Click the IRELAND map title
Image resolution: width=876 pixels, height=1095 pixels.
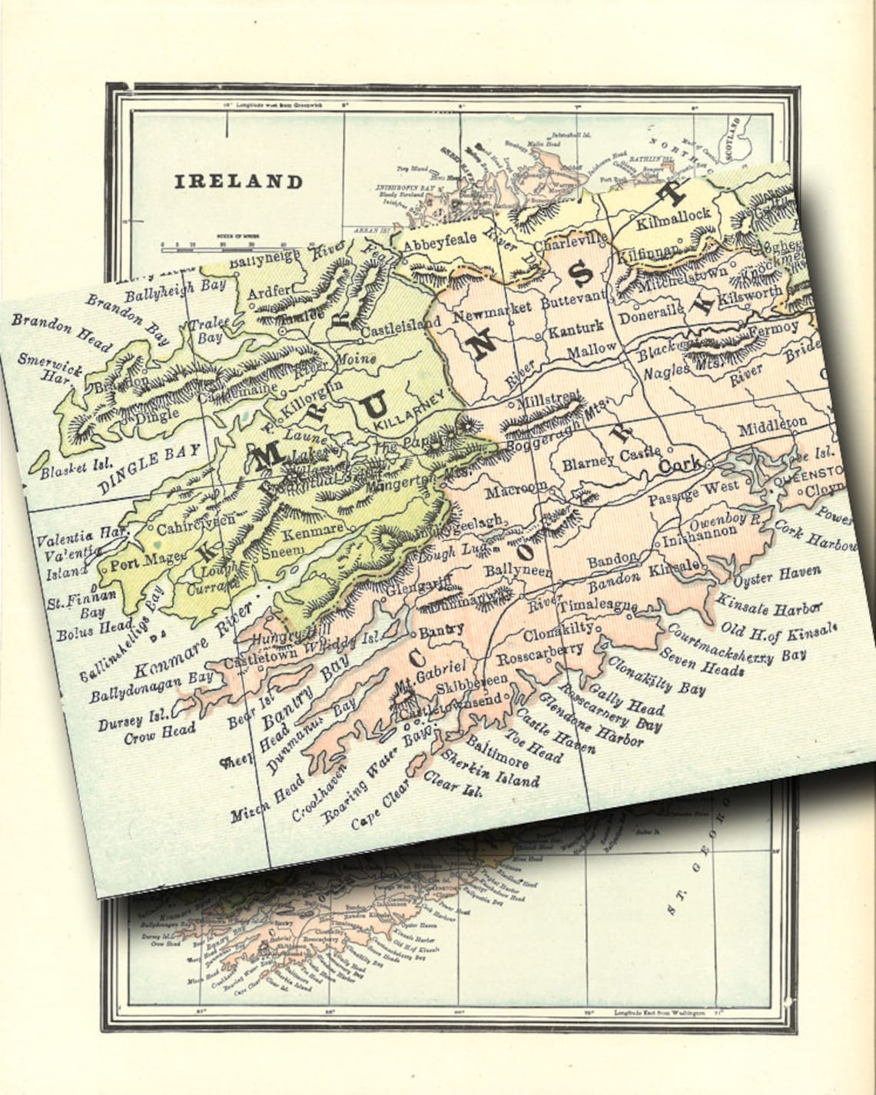pyautogui.click(x=238, y=182)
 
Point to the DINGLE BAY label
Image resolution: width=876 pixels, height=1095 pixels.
pyautogui.click(x=150, y=469)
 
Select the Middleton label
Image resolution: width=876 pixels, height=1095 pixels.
pyautogui.click(x=771, y=424)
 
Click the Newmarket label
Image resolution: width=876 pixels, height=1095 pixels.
pyautogui.click(x=493, y=311)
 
